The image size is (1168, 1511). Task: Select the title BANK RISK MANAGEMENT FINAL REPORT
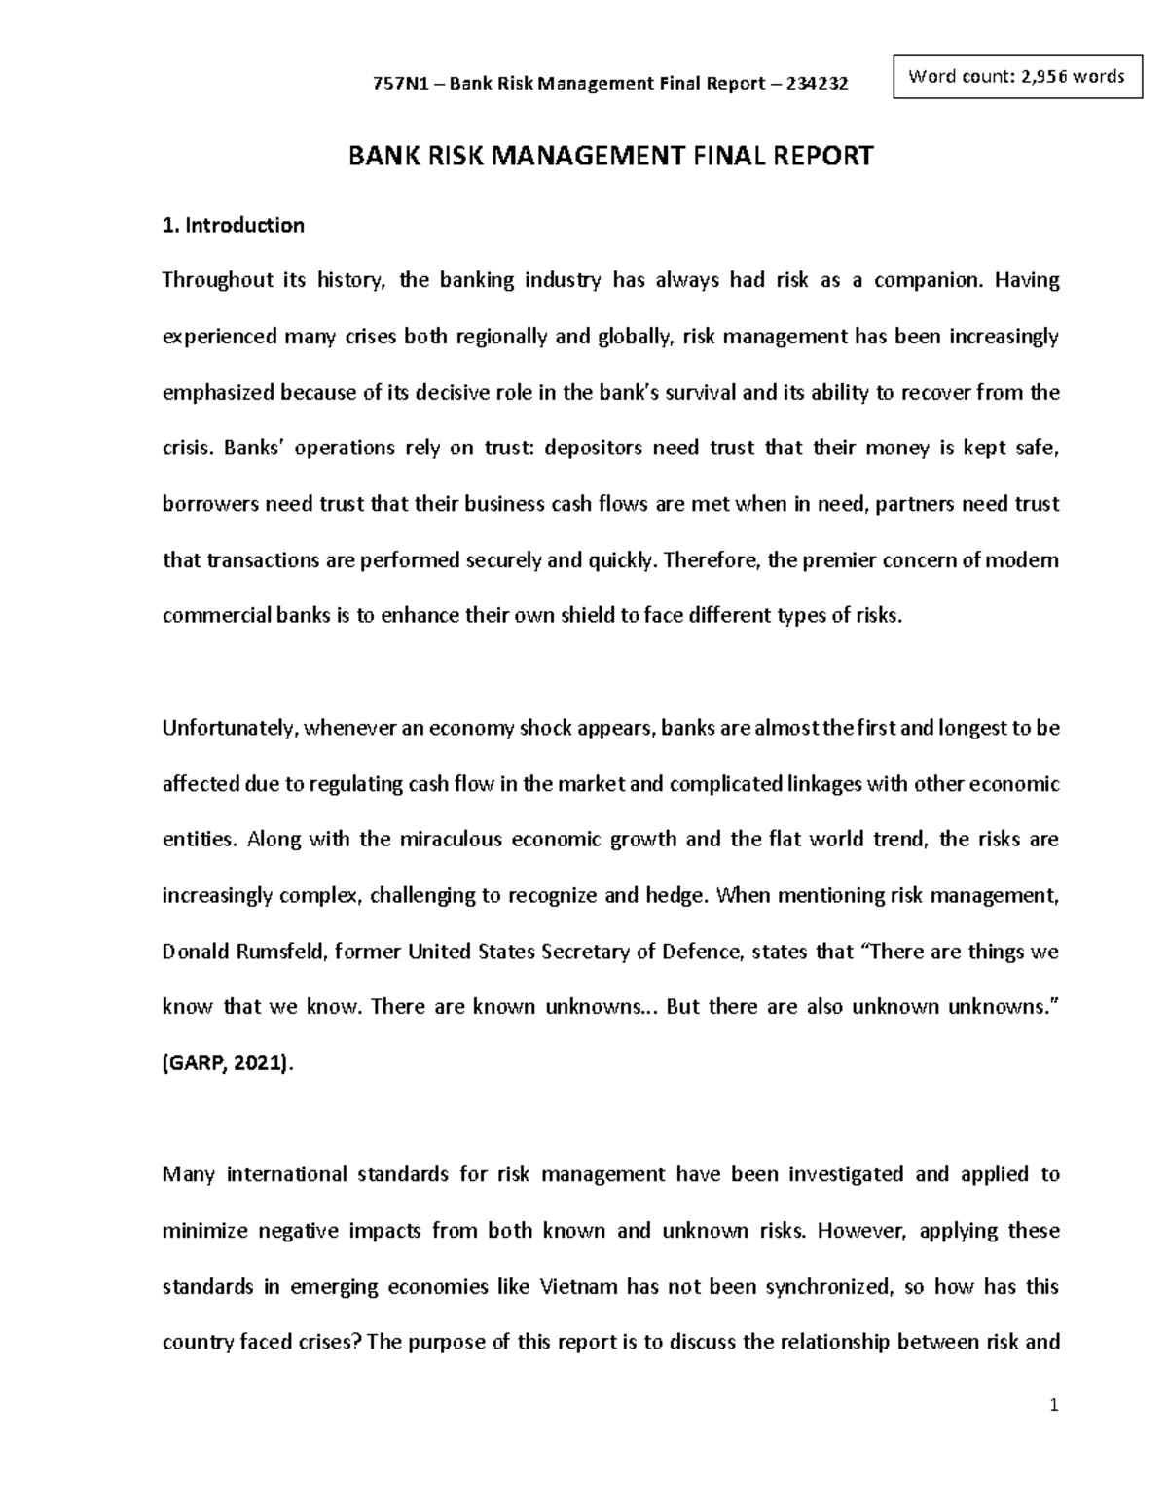pos(611,156)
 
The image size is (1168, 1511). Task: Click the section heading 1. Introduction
pos(233,225)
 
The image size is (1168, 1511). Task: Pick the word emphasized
pos(218,393)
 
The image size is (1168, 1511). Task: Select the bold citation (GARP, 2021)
pos(226,1063)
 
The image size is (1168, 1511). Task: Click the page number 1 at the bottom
pos(1053,1406)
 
